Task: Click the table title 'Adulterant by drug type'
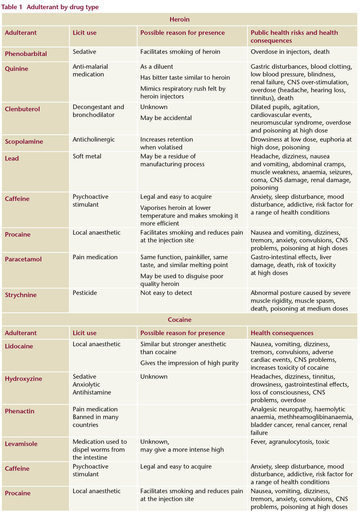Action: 62,7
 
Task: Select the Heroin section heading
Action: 179,19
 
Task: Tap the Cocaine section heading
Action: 179,320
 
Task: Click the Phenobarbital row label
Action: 26,54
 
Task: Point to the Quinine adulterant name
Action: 17,69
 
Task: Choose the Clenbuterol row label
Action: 22,109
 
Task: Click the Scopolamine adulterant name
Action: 24,141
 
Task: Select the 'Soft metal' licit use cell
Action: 87,156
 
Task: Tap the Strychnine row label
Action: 21,295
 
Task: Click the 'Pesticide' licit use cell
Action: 85,293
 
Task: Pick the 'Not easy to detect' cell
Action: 166,293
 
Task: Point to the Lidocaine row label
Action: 19,346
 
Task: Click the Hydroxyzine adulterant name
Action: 23,379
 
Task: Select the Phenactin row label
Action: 19,411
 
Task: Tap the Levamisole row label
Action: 21,444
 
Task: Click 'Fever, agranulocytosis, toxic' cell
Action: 290,442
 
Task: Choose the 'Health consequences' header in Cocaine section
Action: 282,333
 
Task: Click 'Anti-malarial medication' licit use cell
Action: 90,70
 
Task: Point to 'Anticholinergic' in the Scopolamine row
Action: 94,140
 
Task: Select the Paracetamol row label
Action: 23,259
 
